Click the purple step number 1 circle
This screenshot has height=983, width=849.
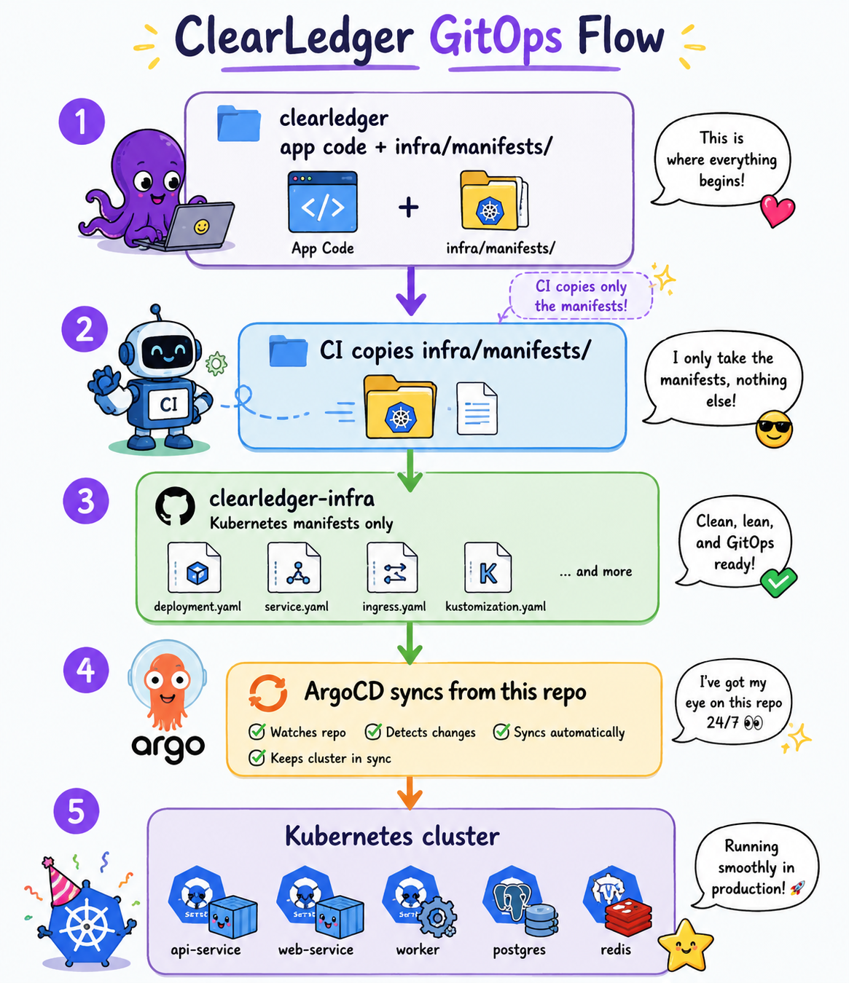pos(82,122)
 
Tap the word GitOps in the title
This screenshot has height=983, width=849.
pos(496,38)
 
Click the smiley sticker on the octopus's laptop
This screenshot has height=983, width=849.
pos(201,226)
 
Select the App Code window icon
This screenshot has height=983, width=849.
pos(323,202)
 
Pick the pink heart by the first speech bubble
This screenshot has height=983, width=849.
pos(777,210)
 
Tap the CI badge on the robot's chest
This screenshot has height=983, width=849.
pos(168,405)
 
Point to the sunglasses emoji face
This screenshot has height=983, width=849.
pos(774,429)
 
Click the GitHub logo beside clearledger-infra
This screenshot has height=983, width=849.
pos(175,506)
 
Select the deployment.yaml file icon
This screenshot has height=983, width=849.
pos(194,567)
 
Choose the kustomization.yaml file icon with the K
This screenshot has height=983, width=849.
pos(488,567)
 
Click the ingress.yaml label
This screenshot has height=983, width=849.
pos(394,607)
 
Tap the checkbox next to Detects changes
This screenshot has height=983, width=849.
pos(373,731)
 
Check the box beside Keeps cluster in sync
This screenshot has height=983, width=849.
pos(257,757)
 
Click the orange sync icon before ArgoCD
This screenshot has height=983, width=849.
pos(268,693)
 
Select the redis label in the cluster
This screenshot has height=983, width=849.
pos(616,950)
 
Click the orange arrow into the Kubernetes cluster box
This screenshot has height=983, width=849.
pos(410,793)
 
